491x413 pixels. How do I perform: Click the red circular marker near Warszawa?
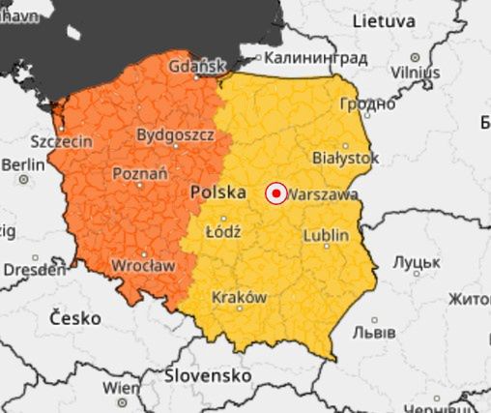[275, 194]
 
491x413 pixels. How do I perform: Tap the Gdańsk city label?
[197, 67]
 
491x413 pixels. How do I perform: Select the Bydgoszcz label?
[175, 134]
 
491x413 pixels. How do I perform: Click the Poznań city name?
[140, 174]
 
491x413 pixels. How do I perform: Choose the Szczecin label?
[62, 141]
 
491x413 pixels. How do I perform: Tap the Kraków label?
[239, 298]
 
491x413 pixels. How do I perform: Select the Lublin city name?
[326, 235]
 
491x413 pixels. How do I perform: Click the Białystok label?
[346, 157]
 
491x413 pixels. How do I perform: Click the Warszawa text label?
[323, 194]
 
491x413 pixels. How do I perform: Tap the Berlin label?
[23, 165]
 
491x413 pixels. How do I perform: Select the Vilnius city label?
[416, 73]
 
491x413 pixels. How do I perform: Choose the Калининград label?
[315, 58]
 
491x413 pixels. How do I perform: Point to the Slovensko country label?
[208, 373]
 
